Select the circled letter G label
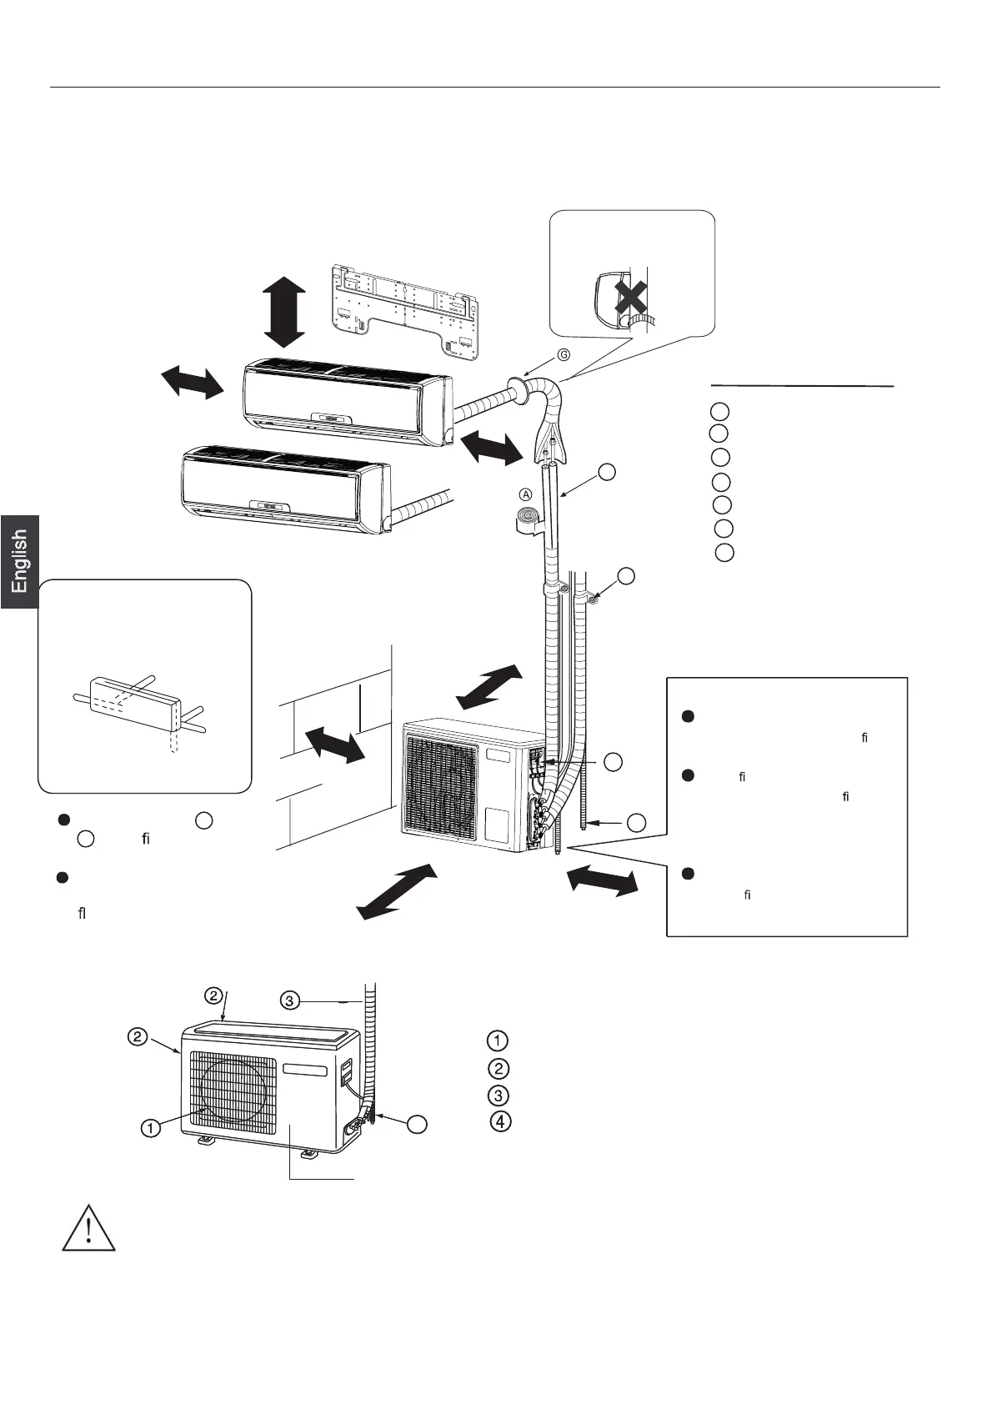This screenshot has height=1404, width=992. (564, 354)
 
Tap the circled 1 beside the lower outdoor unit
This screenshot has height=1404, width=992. (150, 1129)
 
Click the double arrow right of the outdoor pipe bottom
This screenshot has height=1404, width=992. (600, 881)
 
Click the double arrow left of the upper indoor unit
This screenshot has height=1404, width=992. (193, 383)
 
